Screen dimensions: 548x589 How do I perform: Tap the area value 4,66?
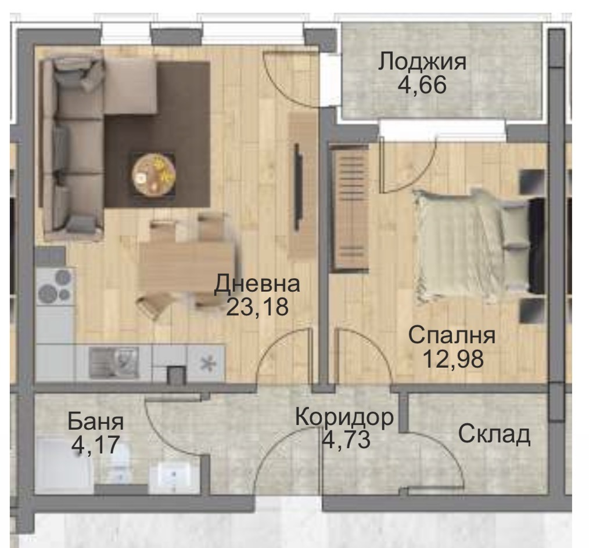422,85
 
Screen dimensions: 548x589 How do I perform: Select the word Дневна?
257,284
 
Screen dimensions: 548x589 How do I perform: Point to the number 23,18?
257,307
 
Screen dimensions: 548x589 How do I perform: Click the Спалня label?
451,336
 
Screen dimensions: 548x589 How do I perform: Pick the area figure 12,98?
451,359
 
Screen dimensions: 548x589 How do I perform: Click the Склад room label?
494,434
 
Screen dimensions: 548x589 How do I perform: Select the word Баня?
96,422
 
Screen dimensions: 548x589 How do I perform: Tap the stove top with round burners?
55,286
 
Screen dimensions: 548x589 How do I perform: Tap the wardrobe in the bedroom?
350,209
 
